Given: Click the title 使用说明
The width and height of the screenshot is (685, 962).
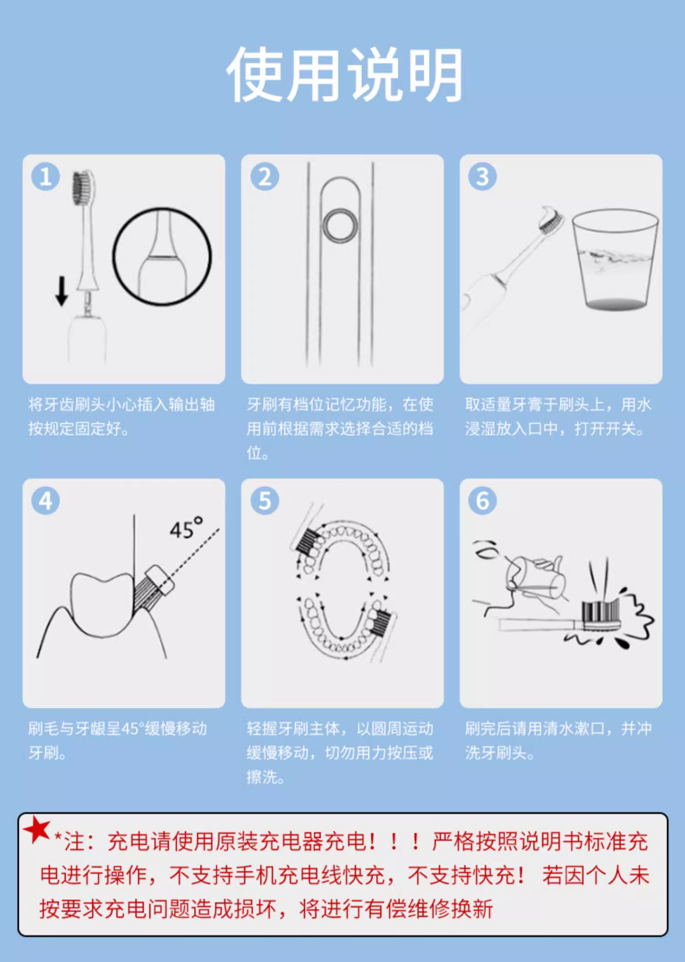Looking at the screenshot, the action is (345, 74).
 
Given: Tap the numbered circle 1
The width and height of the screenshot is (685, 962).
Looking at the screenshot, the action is (45, 176).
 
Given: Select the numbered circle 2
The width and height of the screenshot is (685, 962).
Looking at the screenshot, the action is (264, 176).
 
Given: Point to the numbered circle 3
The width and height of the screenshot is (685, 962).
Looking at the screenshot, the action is (482, 176).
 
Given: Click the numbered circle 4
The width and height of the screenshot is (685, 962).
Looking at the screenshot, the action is (45, 501).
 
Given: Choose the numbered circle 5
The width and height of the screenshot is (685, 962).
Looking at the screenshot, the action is (264, 501).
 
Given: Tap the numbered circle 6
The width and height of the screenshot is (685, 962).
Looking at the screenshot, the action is (482, 501).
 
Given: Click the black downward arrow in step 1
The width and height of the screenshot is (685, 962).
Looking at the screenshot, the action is (62, 291).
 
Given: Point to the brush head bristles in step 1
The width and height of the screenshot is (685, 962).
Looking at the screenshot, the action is (83, 187).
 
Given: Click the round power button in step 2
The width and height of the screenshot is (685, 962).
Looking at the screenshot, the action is (340, 226).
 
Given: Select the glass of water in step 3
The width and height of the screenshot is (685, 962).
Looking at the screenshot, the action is (615, 259).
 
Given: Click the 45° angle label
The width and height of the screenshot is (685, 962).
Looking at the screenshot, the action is (186, 528).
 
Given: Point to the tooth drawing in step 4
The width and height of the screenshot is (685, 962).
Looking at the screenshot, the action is (103, 604).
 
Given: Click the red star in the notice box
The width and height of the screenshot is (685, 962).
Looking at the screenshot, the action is (37, 829).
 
